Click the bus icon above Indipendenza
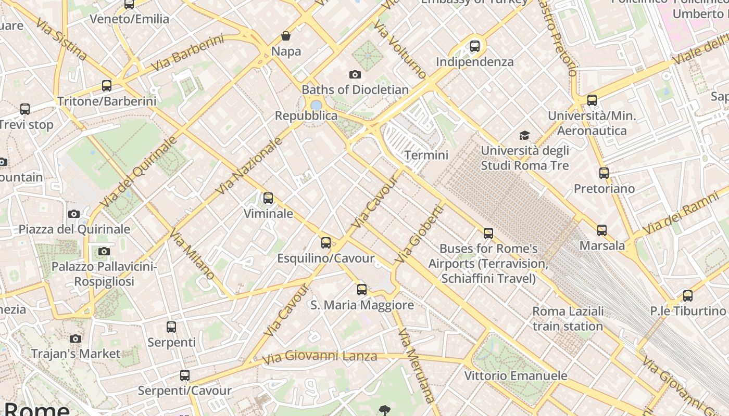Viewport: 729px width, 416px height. [475, 46]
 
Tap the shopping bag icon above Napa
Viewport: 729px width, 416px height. [286, 36]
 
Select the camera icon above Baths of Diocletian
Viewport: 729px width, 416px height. [355, 75]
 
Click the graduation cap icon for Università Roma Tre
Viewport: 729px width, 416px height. [524, 136]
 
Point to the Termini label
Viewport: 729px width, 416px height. [426, 155]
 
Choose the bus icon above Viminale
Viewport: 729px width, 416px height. [268, 198]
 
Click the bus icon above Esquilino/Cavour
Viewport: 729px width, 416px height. [326, 243]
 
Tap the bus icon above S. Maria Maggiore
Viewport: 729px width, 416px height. [362, 290]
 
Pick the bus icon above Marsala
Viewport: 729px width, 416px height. [602, 230]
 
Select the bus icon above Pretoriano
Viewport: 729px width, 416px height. [604, 173]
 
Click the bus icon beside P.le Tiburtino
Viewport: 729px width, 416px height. [688, 296]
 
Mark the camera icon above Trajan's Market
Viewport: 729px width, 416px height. [76, 339]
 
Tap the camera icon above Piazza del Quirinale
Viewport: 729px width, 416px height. [74, 214]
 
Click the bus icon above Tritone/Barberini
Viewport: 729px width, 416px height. [107, 86]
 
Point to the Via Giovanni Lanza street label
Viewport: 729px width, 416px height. [319, 357]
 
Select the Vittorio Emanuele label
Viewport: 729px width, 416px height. [516, 375]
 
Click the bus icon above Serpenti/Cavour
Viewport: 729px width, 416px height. [185, 375]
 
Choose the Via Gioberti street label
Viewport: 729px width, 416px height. [420, 234]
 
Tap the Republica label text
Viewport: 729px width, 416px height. [306, 115]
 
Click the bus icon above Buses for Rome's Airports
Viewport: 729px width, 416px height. [488, 233]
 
